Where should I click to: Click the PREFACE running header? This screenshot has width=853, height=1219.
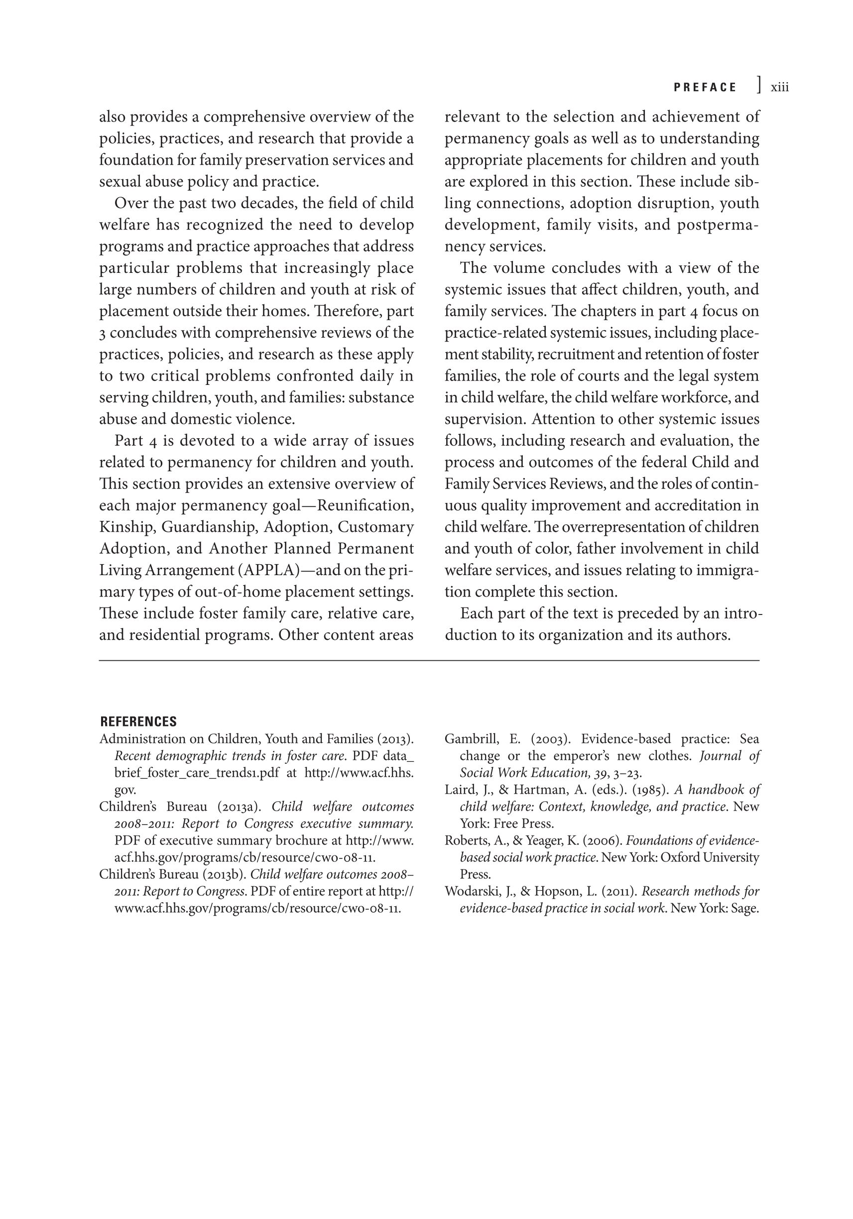click(705, 88)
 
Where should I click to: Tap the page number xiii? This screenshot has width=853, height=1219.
click(779, 88)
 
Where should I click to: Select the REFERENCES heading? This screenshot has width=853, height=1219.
click(138, 722)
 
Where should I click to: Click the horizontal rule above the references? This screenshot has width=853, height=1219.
click(429, 661)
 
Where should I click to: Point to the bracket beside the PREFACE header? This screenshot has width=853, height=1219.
click(759, 85)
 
